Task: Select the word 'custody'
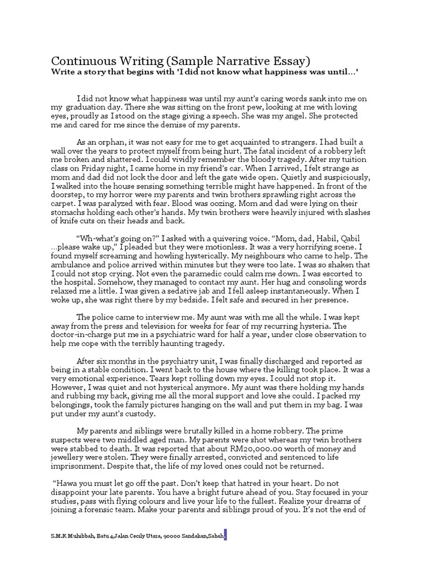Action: (140, 414)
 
